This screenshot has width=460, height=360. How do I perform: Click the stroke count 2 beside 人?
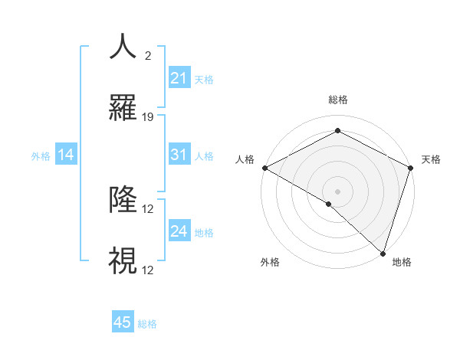click(x=147, y=56)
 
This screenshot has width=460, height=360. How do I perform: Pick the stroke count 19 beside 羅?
click(x=149, y=117)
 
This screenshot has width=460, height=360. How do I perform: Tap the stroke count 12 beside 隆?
click(x=149, y=209)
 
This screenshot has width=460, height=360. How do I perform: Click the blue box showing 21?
click(x=179, y=78)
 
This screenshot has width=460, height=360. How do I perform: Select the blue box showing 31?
click(x=179, y=155)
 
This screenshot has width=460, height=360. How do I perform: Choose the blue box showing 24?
click(x=179, y=231)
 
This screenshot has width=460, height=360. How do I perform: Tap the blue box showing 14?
click(x=66, y=155)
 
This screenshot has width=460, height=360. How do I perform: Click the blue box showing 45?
click(x=123, y=322)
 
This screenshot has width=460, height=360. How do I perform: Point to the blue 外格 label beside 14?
click(x=41, y=156)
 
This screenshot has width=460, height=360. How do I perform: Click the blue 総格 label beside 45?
click(x=147, y=323)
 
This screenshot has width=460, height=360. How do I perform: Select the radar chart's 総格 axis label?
click(x=337, y=100)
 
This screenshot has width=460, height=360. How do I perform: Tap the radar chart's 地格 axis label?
click(x=402, y=262)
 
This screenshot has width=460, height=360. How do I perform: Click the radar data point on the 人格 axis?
click(x=264, y=167)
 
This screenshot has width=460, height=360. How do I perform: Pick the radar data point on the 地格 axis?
click(x=383, y=252)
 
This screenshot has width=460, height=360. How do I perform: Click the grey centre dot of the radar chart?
click(x=337, y=191)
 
